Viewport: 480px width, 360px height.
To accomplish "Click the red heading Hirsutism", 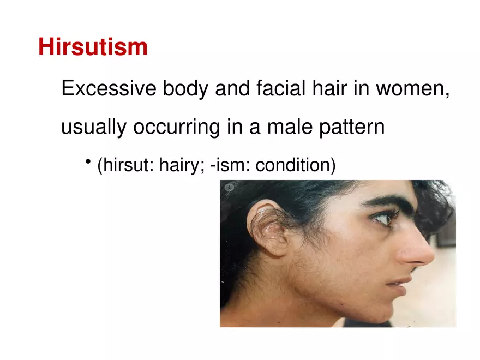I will click(x=93, y=47).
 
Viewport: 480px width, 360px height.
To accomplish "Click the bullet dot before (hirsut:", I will click(x=88, y=162).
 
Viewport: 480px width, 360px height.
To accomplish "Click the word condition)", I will click(x=295, y=165).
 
